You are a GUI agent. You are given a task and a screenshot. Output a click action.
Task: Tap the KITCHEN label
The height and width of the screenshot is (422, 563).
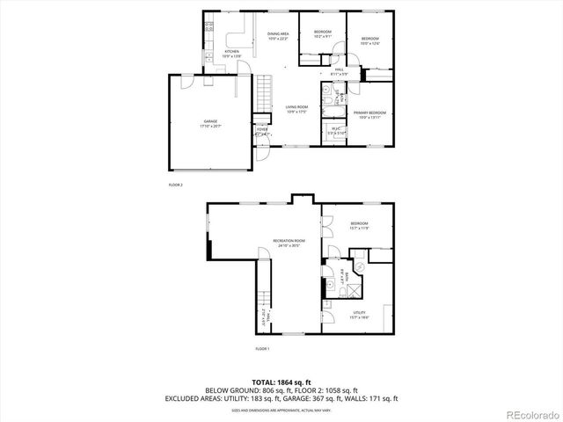click(232, 52)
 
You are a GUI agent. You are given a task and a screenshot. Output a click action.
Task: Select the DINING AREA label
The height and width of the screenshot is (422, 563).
click(279, 34)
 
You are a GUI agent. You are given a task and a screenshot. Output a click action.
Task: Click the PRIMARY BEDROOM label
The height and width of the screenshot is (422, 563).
click(369, 113)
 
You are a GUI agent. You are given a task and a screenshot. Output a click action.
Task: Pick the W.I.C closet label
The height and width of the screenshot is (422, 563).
click(336, 130)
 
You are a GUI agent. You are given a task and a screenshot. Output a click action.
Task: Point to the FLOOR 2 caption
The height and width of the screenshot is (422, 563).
click(176, 186)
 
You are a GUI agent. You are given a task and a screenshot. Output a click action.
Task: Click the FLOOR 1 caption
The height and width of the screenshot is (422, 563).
click(262, 349)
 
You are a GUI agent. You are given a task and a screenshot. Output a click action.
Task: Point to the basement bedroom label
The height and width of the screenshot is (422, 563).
click(359, 225)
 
